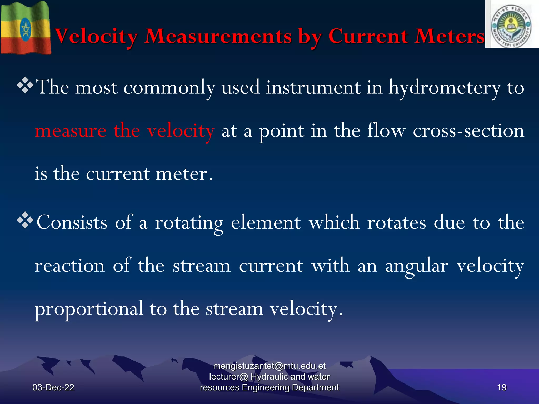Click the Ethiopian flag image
[x=25, y=28]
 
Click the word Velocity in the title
[x=96, y=36]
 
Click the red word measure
[x=71, y=131]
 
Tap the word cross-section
[x=468, y=131]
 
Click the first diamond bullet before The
[x=25, y=85]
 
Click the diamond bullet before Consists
[x=25, y=220]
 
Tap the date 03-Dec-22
[x=53, y=387]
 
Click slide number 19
[x=502, y=387]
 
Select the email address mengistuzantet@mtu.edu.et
[x=269, y=366]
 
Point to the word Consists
[x=72, y=223]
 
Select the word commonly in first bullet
[x=169, y=88]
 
